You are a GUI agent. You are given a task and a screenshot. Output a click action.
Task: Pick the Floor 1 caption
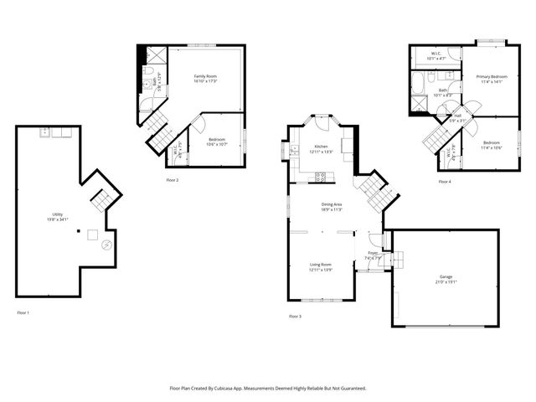[23, 312]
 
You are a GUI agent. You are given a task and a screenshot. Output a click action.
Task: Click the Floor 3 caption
[295, 316]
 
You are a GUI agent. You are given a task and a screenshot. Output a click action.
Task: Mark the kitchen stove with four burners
[320, 176]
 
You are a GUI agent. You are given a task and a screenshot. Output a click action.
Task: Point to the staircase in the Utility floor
[100, 201]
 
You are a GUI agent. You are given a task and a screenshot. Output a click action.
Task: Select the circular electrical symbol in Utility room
[106, 245]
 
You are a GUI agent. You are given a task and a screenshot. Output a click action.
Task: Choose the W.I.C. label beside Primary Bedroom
[435, 55]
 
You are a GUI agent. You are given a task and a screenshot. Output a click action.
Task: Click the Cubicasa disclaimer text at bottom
[268, 389]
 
